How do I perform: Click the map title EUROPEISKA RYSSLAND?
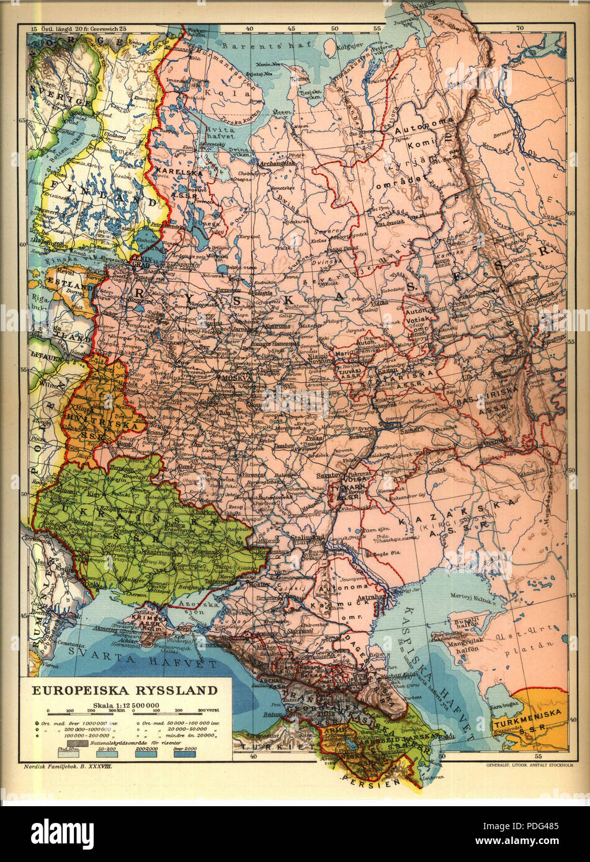pos(125,690)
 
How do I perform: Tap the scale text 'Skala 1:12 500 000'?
pos(126,705)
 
